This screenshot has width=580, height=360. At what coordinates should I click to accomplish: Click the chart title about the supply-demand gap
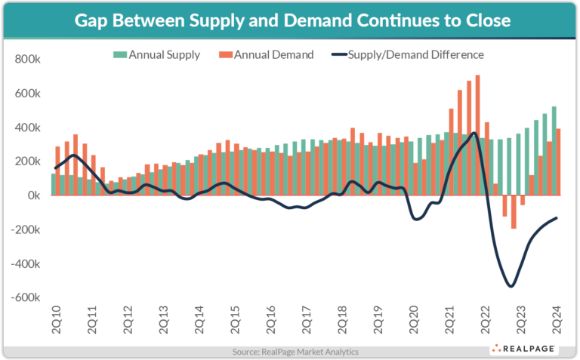click(x=289, y=20)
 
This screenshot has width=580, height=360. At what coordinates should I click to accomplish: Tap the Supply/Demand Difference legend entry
click(x=408, y=54)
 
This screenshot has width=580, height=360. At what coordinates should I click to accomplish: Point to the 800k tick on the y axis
click(x=27, y=59)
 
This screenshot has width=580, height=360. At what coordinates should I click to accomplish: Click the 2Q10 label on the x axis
click(x=56, y=322)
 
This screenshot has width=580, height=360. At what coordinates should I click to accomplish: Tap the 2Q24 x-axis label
click(x=556, y=322)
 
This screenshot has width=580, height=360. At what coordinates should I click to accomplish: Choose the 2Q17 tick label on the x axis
click(x=306, y=322)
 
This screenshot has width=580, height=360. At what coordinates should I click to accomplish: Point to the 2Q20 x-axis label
click(x=413, y=322)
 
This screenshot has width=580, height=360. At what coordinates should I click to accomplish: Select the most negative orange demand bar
click(x=514, y=211)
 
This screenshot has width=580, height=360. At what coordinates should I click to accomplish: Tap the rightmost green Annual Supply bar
click(x=554, y=151)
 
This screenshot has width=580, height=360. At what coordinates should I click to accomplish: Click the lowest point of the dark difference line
click(x=511, y=286)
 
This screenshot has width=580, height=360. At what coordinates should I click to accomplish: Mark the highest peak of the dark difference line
click(x=474, y=134)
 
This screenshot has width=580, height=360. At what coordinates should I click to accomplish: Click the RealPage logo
click(x=526, y=349)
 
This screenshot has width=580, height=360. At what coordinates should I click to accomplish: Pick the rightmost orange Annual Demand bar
click(x=558, y=162)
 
